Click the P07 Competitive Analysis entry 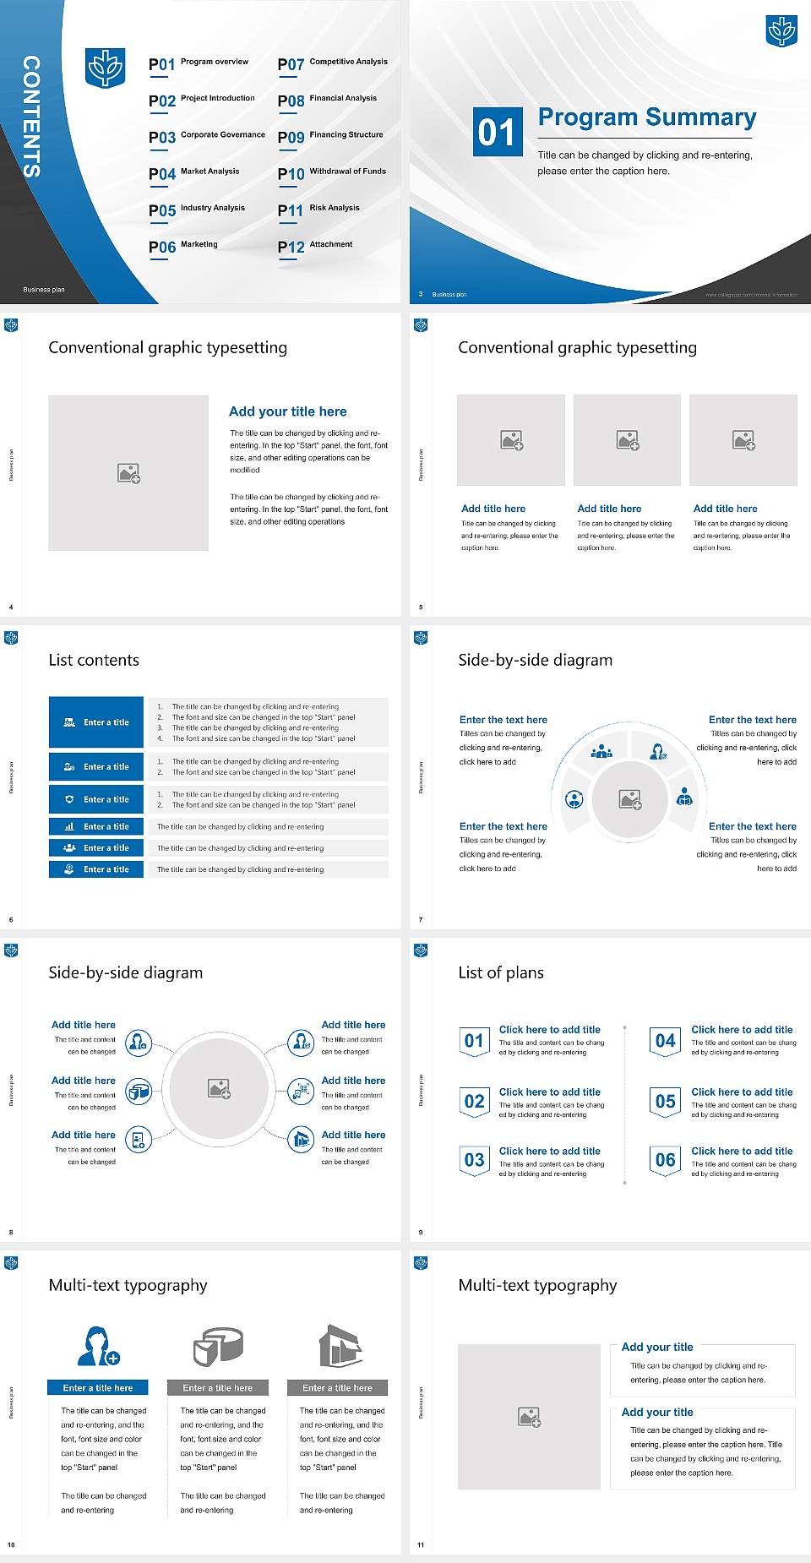point(332,63)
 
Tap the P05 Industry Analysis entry point(197,210)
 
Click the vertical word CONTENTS point(31,117)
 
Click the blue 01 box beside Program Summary point(497,132)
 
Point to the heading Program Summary point(646,117)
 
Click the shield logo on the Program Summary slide point(781,31)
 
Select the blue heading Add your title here point(287,411)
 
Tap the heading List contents point(94,660)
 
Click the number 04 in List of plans point(666,1041)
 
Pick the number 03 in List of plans point(475,1160)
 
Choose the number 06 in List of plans point(666,1160)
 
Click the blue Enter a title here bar point(98,1387)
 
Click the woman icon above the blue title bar point(98,1346)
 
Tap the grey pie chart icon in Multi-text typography point(218,1346)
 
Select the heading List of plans point(501,972)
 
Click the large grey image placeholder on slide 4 point(128,473)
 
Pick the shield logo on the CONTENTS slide point(106,68)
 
